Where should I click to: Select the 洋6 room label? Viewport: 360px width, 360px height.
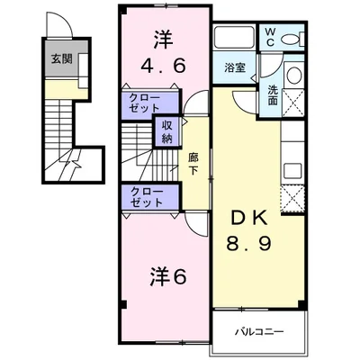[x=167, y=277]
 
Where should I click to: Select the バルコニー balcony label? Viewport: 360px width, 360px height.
[x=261, y=331]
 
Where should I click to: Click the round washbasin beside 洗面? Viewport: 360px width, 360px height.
[x=293, y=79]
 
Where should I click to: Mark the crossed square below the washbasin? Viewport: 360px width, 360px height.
[x=294, y=104]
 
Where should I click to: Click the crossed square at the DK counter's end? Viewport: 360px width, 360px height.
[x=294, y=198]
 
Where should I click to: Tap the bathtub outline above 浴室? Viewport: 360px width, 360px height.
[x=236, y=39]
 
